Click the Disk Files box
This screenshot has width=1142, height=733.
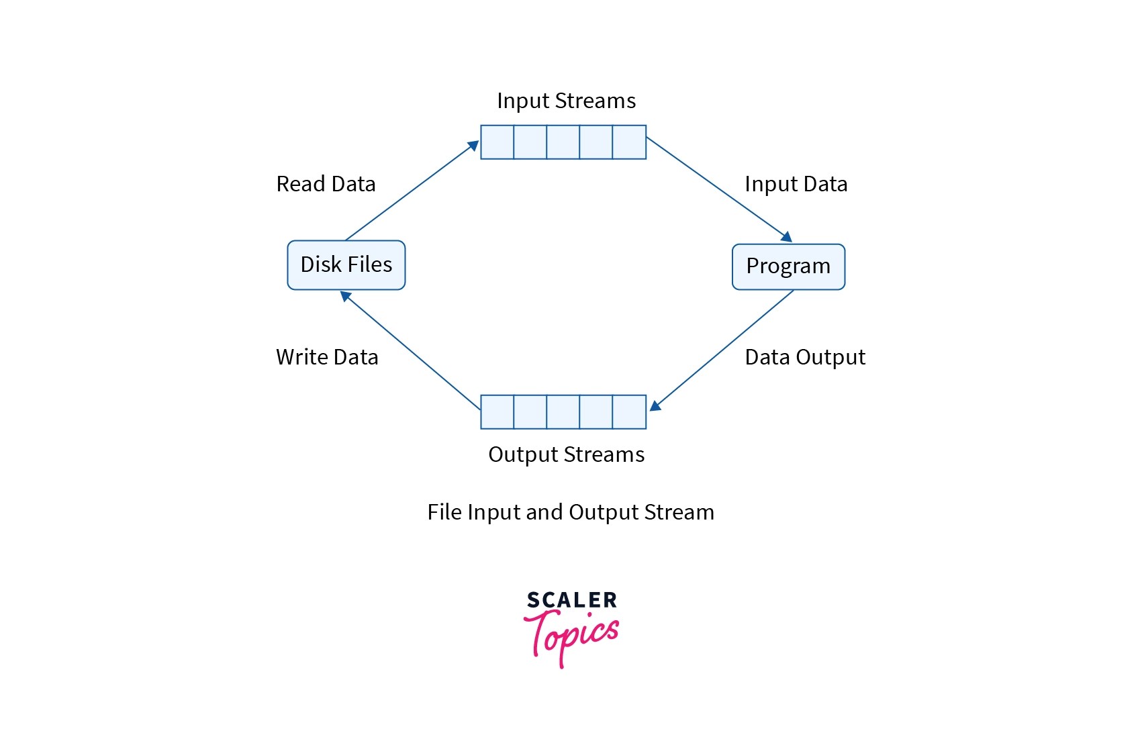point(346,265)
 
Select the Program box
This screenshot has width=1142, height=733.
point(788,266)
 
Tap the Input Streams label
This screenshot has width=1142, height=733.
point(566,101)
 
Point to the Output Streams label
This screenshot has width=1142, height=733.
point(566,454)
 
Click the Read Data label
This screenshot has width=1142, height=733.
point(326,184)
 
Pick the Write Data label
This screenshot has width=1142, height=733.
point(327,357)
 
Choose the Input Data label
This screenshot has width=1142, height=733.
point(796,184)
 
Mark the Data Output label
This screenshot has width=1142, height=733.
point(805,357)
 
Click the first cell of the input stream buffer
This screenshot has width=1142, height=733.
point(497,142)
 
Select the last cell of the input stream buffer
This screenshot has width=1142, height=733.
point(629,142)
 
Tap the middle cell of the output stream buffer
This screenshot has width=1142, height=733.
point(563,412)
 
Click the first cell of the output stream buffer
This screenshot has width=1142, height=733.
point(497,412)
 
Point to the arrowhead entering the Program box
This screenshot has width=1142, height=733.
point(786,237)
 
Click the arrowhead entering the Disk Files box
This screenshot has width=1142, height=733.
point(346,295)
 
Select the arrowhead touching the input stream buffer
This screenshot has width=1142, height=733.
point(473,146)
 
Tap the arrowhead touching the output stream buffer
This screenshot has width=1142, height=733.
point(655,405)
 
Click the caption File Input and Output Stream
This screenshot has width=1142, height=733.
point(571,512)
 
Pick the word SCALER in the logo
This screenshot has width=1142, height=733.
point(571,600)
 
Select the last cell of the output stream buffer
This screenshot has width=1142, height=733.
point(629,412)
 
